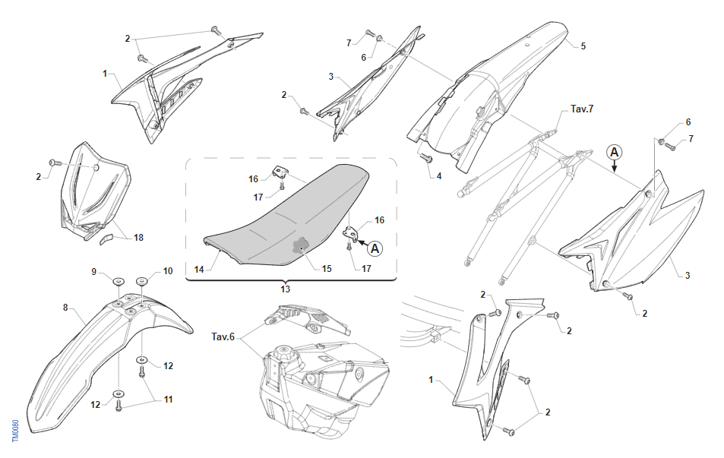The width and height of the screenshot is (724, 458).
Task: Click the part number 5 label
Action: click(583, 46)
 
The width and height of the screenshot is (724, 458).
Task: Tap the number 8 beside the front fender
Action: click(65, 308)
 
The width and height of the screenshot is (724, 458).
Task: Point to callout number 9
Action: click(94, 271)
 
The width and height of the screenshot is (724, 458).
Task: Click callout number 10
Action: click(168, 271)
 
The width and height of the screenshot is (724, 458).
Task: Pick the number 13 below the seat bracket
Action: click(286, 289)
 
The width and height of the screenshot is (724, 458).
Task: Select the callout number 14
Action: click(199, 269)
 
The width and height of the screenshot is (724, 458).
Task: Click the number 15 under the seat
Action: click(327, 269)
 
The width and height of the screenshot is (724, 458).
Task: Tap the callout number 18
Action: click(138, 238)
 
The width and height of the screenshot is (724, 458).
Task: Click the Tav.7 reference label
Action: click(582, 109)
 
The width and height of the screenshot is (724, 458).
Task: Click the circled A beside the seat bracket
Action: click(375, 248)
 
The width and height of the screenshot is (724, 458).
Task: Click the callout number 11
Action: click(168, 399)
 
